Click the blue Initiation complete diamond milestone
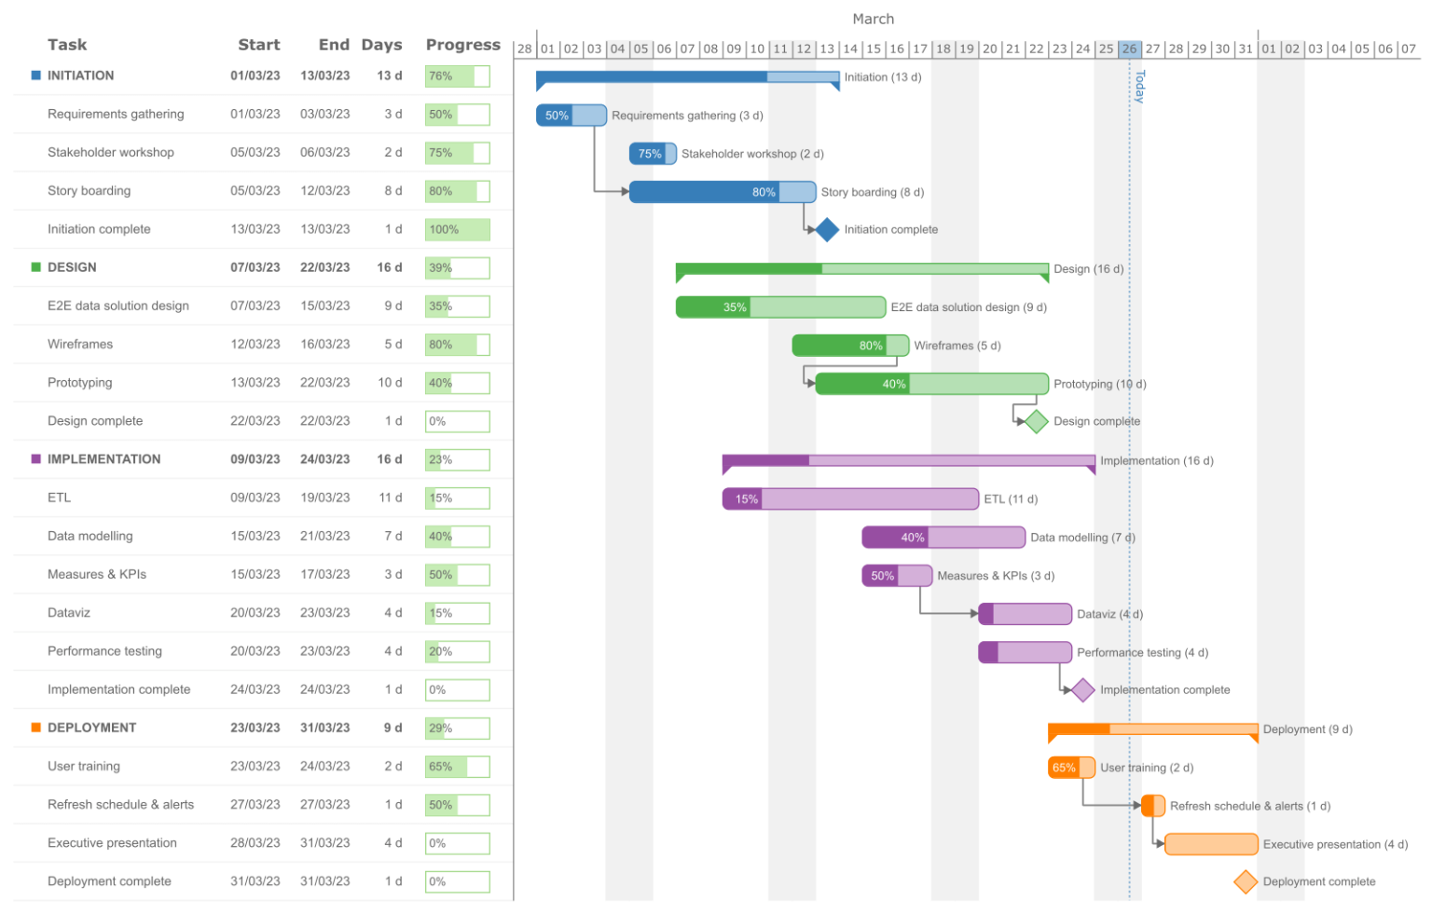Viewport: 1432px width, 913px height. [827, 229]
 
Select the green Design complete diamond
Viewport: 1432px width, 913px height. [1037, 421]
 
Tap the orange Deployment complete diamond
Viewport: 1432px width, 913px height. [1246, 881]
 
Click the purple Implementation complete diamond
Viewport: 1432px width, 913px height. [1082, 689]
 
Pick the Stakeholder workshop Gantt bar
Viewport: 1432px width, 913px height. [653, 154]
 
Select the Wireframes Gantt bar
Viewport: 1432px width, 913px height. [850, 346]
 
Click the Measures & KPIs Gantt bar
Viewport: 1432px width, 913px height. [897, 576]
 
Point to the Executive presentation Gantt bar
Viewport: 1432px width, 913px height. [1211, 844]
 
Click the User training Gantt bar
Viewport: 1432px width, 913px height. [1071, 768]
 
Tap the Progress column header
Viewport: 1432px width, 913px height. [462, 45]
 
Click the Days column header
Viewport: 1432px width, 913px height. [381, 45]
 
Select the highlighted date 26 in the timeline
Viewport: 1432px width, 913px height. [1129, 48]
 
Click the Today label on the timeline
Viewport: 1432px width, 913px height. [1139, 86]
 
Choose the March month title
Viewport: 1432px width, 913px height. [873, 19]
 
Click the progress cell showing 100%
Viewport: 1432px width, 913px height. [457, 229]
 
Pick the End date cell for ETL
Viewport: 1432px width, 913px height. [324, 497]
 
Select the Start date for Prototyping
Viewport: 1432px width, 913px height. [255, 382]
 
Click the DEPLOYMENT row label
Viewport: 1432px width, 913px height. [91, 728]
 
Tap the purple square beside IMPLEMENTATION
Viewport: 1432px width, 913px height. [36, 459]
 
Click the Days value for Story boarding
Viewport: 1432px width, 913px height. [392, 191]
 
